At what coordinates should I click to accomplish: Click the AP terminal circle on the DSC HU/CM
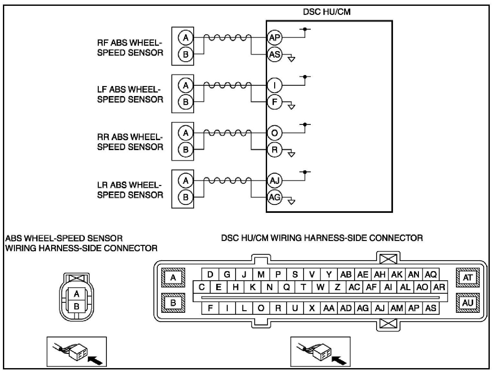tap(275, 38)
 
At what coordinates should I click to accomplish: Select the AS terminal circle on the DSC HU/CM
tap(275, 54)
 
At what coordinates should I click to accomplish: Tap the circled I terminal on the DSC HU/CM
tap(275, 85)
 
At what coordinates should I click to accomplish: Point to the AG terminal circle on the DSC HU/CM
tap(275, 197)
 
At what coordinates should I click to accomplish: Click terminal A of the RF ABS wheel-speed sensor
tap(185, 38)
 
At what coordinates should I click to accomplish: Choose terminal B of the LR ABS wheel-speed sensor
tap(185, 197)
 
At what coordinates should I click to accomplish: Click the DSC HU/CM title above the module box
tap(327, 12)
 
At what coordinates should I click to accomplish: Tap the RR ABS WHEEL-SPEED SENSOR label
tap(130, 142)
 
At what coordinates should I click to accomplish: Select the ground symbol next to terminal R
tap(291, 154)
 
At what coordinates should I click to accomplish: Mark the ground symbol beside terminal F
tap(291, 106)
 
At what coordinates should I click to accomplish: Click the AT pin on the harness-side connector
tap(468, 277)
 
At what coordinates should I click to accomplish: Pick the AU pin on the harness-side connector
tap(468, 303)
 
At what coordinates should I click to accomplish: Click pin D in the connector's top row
tap(210, 275)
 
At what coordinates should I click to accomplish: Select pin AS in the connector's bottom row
tap(431, 308)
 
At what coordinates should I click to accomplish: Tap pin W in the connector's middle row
tap(320, 287)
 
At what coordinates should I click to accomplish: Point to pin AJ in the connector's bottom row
tap(379, 308)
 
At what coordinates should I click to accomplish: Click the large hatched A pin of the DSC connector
tap(173, 277)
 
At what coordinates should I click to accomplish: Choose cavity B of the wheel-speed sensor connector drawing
tap(76, 306)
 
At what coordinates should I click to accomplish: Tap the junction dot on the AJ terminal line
tap(305, 172)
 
